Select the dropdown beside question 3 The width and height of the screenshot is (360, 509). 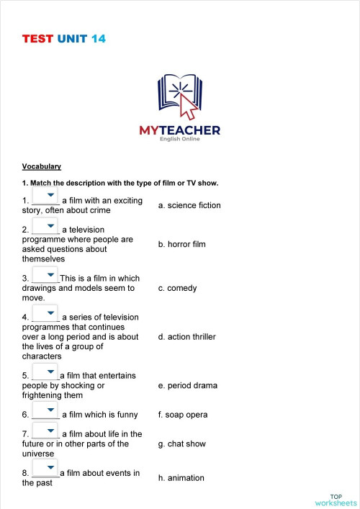45,275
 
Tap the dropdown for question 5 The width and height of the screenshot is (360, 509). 45,372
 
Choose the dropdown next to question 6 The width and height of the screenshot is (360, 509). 45,412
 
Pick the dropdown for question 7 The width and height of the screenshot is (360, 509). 45,431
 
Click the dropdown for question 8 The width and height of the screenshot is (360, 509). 45,470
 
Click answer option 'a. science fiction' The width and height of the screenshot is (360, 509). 189,205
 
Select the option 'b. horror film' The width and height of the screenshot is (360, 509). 181,244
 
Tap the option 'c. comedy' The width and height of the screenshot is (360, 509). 177,288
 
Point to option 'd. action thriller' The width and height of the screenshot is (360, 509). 186,336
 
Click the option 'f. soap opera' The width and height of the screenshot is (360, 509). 182,415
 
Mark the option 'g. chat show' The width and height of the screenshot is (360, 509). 181,444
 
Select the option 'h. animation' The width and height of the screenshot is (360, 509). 181,478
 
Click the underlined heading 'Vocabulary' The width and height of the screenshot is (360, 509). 42,166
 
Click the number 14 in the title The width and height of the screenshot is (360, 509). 99,39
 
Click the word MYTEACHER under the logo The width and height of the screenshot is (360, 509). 179,130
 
